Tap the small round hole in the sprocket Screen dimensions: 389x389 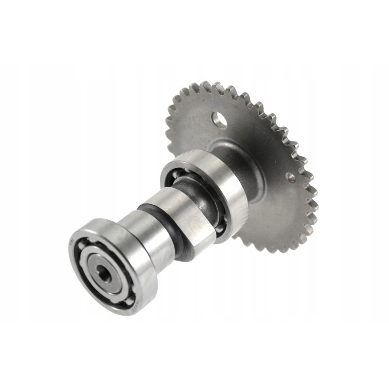(x=290, y=177)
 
